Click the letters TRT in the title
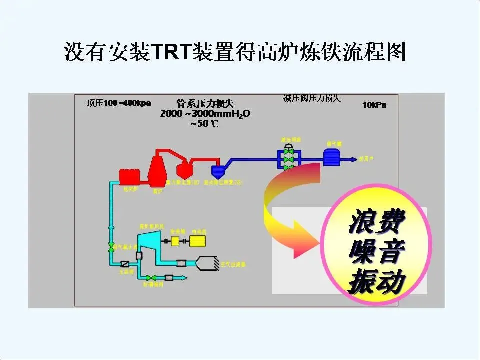(169, 51)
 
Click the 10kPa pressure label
(374, 105)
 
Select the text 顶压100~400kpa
(118, 103)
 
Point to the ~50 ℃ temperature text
(204, 124)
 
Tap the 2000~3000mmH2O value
(205, 114)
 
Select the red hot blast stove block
(129, 176)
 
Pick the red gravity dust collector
(183, 170)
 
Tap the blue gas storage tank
(331, 158)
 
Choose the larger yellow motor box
(197, 241)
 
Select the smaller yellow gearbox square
(175, 241)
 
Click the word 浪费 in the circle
(376, 223)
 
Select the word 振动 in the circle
(376, 282)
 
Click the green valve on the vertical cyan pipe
(111, 247)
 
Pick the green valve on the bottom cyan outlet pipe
(153, 277)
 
